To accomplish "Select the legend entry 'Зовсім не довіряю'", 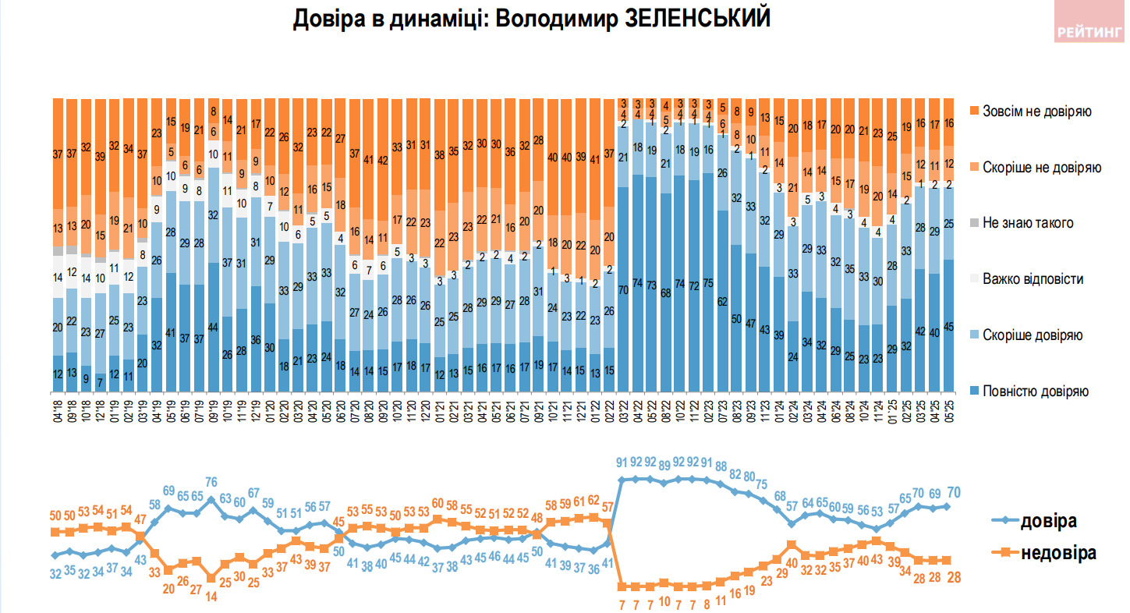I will pyautogui.click(x=1036, y=111).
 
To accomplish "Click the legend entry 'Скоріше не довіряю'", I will pyautogui.click(x=1040, y=167).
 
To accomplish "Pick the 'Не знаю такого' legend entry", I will pyautogui.click(x=1028, y=223).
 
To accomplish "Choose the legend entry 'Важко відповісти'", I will pyautogui.click(x=1033, y=279).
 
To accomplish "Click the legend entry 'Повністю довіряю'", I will pyautogui.click(x=1036, y=392).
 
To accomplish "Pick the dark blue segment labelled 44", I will pyautogui.click(x=213, y=328).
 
